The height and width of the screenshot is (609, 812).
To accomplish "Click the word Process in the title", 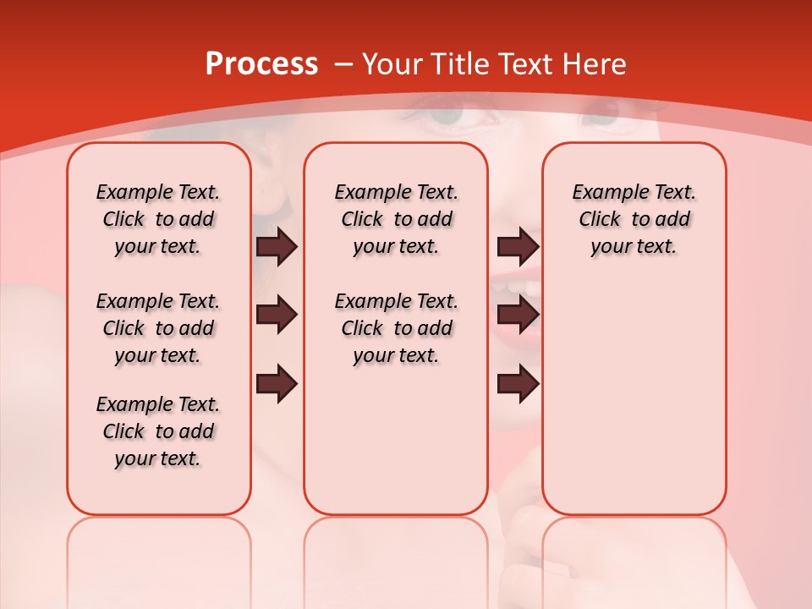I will [x=261, y=64].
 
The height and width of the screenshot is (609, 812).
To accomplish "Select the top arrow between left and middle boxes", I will [x=277, y=246].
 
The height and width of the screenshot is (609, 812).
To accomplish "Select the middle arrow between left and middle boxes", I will [x=277, y=315].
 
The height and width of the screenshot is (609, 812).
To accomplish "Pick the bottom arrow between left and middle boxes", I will [x=277, y=383].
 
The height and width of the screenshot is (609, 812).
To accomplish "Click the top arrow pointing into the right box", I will [x=518, y=246].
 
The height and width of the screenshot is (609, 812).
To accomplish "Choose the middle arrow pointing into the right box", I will [x=518, y=315].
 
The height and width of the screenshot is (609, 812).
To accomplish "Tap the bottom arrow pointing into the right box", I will [x=518, y=383].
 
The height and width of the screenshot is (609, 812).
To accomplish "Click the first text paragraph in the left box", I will [x=158, y=219].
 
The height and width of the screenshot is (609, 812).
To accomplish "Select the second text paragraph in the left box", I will [x=158, y=328].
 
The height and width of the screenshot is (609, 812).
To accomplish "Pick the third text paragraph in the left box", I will [x=158, y=431].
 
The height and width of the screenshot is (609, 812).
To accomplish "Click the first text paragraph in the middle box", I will [x=396, y=219].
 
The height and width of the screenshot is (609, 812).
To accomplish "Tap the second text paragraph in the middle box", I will [x=396, y=328].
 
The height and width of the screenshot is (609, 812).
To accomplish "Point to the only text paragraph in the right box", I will [x=634, y=219].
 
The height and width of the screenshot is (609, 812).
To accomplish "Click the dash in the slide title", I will [x=343, y=65].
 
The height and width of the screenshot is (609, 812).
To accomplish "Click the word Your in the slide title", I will [x=393, y=64].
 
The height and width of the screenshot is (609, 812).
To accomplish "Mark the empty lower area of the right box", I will [x=634, y=398].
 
